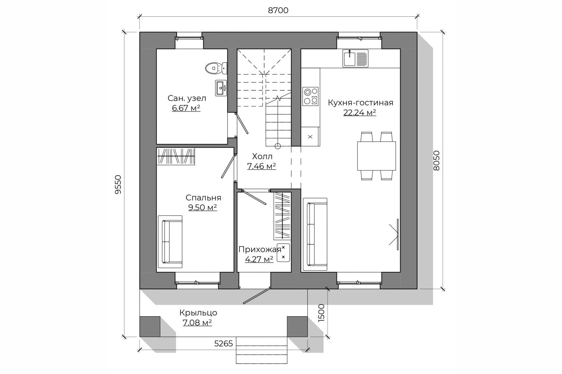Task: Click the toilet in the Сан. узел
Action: click(216, 68)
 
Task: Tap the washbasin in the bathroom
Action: click(221, 88)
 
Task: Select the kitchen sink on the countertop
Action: click(356, 59)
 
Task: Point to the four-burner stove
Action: click(310, 96)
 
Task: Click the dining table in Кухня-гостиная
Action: click(376, 156)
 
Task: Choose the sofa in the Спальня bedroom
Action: click(170, 242)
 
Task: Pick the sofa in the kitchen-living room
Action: click(315, 234)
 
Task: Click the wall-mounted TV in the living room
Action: click(397, 235)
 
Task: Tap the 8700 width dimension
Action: click(278, 10)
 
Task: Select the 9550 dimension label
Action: click(118, 185)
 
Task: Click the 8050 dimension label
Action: click(436, 161)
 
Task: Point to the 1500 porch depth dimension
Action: click(321, 313)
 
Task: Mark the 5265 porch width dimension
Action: click(224, 343)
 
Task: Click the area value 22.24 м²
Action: click(360, 113)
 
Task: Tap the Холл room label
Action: click(262, 156)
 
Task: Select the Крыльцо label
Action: click(198, 313)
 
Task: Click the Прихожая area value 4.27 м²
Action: click(259, 259)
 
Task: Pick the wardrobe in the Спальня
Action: click(176, 156)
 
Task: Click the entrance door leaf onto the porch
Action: click(257, 295)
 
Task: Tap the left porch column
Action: click(150, 326)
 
